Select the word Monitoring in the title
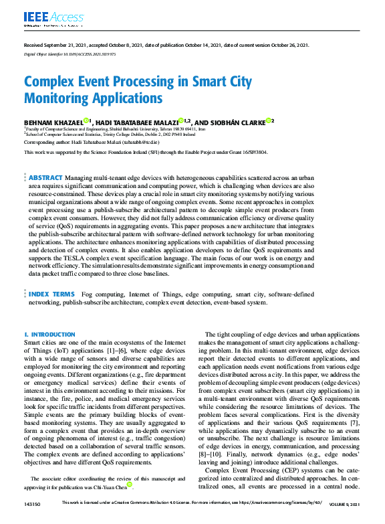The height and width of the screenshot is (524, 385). click(60, 98)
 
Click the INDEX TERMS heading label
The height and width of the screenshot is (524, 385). click(51, 294)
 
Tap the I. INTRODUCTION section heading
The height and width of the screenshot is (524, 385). click(49, 334)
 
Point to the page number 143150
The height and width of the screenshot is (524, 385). click(31, 504)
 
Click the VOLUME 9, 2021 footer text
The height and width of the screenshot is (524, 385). click(346, 504)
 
